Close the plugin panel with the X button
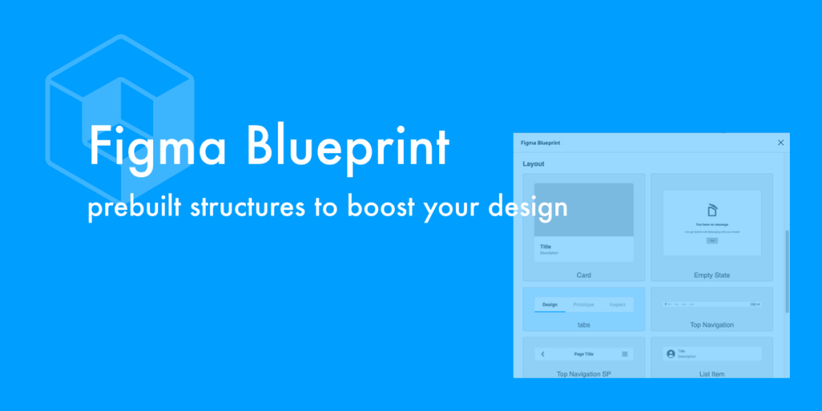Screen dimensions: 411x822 781,143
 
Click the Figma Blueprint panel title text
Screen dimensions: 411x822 541,143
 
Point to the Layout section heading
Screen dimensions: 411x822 534,164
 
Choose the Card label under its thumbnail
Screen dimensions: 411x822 584,275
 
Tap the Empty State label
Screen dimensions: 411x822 712,275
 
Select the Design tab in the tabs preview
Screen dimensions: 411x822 550,305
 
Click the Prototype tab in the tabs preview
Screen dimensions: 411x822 584,305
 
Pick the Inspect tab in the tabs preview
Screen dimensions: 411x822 617,305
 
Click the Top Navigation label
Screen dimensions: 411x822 712,325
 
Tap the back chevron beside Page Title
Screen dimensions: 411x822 543,354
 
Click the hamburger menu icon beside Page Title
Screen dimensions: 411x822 625,354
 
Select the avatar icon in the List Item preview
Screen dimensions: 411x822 671,354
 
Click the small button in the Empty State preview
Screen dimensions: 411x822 712,241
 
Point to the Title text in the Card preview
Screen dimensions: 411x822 546,246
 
